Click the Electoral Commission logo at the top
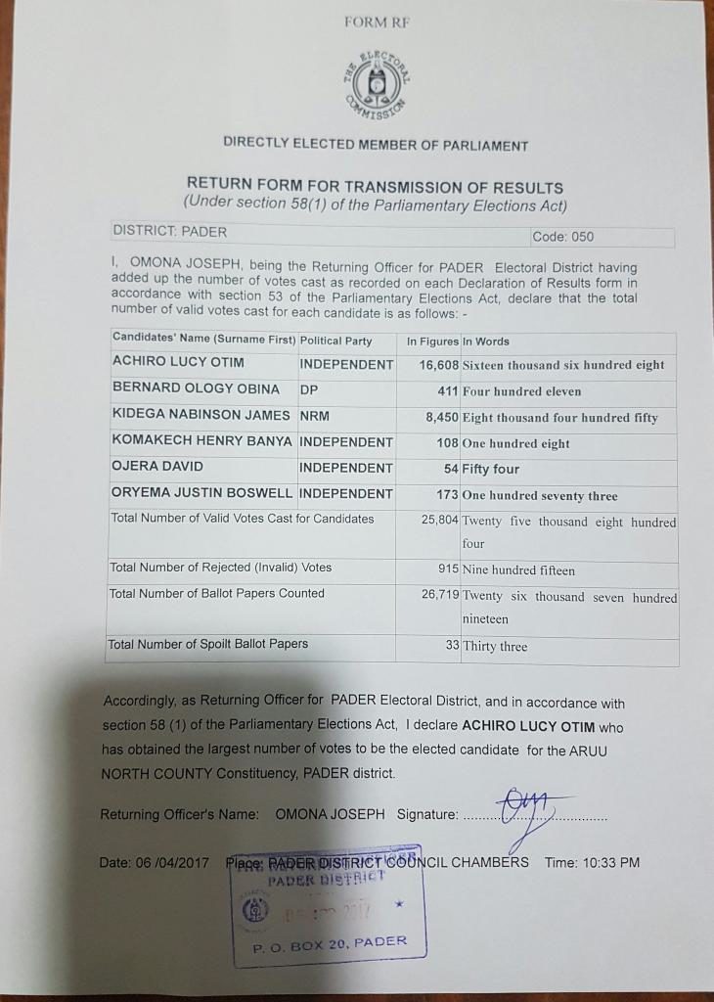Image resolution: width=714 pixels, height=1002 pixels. (x=377, y=86)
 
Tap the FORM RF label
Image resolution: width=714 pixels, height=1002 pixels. (x=377, y=22)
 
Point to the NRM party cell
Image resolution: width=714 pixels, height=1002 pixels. (x=315, y=416)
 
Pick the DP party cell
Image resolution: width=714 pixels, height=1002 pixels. (x=309, y=389)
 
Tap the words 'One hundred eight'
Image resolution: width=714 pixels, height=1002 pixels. (x=516, y=443)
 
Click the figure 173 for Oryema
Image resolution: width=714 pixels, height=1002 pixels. (x=448, y=494)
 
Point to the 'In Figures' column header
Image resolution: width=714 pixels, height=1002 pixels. (x=432, y=342)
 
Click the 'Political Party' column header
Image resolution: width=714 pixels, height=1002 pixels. (x=335, y=341)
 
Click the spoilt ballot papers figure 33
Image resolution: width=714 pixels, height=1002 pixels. (x=452, y=645)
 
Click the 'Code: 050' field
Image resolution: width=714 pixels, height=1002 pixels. (x=562, y=237)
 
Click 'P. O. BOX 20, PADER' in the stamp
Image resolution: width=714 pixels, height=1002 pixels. (x=329, y=943)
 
